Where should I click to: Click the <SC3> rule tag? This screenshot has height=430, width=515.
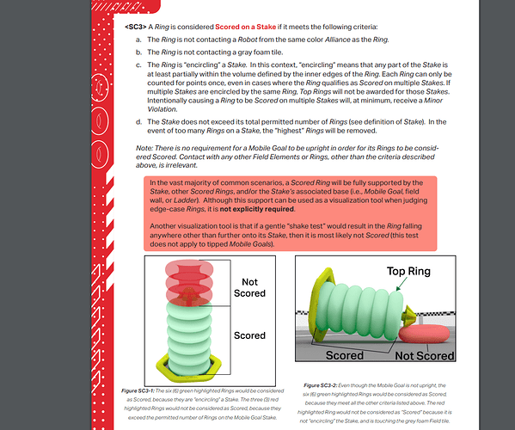coord(135,27)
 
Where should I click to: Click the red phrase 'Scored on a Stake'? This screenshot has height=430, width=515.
coord(245,27)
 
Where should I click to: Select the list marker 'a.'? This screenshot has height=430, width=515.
coord(138,40)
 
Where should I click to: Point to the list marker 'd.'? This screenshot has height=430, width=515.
coord(139,122)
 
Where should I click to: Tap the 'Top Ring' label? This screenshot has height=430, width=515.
coord(408,272)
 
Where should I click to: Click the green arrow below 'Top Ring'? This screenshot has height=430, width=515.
coord(402,284)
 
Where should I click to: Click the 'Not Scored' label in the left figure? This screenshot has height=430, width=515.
coord(249,287)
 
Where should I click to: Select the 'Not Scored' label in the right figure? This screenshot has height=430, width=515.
coord(425,356)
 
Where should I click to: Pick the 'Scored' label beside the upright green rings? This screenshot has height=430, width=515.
coord(249,335)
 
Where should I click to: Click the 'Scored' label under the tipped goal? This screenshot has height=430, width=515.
coord(345,355)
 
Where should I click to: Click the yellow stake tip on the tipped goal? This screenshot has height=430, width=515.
coord(409,316)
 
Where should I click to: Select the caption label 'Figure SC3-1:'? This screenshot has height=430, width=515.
coord(138,391)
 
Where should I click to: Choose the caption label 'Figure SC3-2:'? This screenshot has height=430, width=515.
coord(320,385)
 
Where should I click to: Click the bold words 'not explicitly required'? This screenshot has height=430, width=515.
coord(256,209)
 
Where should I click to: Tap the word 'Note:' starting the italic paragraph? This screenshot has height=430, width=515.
coord(144,148)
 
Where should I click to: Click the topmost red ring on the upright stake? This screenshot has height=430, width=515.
coord(189,267)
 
